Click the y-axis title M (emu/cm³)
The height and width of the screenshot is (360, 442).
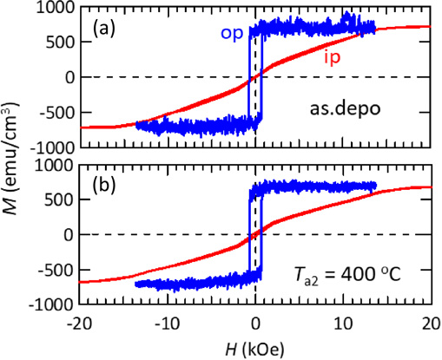(x=13, y=156)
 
